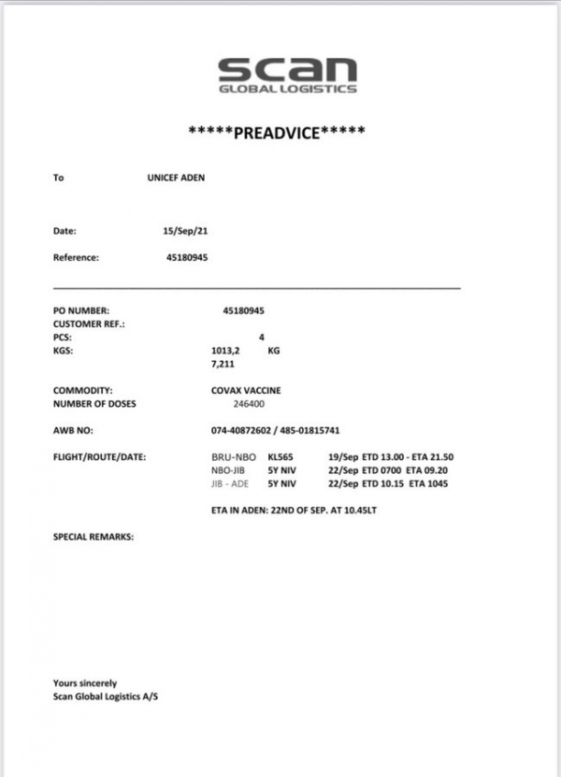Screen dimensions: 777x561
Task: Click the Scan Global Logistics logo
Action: [x=287, y=75]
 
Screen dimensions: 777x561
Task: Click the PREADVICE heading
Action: [x=277, y=132]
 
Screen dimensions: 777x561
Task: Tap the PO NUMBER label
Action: [x=81, y=310]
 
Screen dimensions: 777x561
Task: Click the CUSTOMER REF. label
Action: [x=90, y=324]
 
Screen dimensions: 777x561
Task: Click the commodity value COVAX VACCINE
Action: [x=247, y=390]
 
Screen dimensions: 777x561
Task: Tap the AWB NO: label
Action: [x=74, y=430]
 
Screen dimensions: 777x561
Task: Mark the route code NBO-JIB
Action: [x=230, y=471]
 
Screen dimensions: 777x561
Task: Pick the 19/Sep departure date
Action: [x=344, y=457]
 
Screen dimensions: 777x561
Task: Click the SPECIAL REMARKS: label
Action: [x=93, y=538]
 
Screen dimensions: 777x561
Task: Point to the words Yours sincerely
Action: [x=85, y=683]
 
